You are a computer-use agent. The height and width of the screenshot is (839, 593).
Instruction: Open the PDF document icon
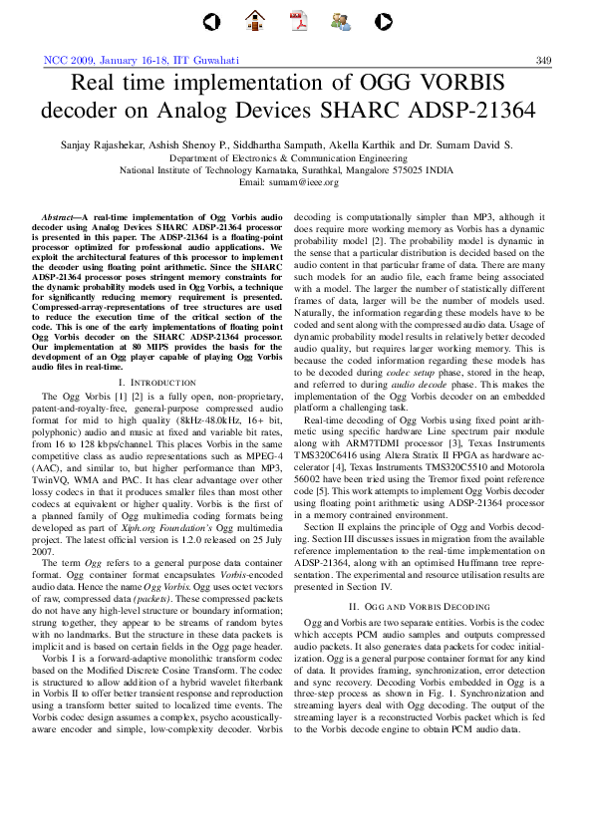298,20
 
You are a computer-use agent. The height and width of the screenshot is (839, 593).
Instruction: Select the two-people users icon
340,20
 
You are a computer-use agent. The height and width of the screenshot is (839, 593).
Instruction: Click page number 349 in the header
543,60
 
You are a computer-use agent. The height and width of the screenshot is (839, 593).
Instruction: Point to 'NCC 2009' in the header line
67,60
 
